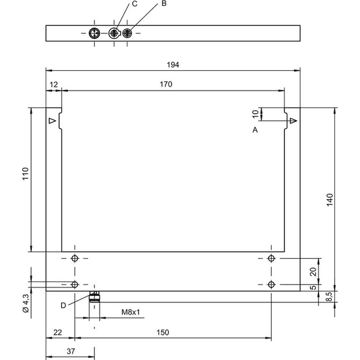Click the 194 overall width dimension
(x=173, y=65)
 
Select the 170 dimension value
(x=166, y=85)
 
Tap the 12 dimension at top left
(x=54, y=85)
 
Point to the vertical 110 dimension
(x=25, y=174)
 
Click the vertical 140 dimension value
(x=329, y=200)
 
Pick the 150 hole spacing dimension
(x=163, y=332)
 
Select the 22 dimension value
(x=58, y=332)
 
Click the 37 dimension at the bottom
(x=71, y=351)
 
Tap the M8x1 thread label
(x=131, y=312)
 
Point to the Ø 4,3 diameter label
(x=26, y=303)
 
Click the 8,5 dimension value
(x=329, y=296)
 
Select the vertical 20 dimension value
(x=313, y=272)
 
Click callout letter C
(x=135, y=4)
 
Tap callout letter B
(x=164, y=4)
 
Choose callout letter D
(x=64, y=305)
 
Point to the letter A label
(x=255, y=130)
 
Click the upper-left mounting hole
(x=74, y=258)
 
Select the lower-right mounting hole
(x=271, y=284)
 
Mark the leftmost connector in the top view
(x=94, y=33)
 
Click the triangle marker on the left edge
(x=53, y=121)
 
